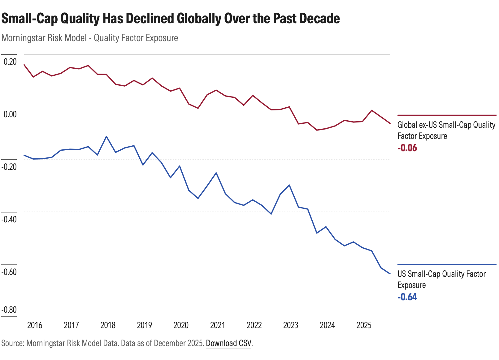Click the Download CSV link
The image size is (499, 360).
[229, 343]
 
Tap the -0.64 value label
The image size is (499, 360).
[407, 297]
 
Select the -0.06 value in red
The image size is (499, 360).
[407, 148]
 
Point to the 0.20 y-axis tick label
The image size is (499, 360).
[10, 62]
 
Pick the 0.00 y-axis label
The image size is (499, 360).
[10, 114]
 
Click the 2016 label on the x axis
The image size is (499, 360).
[34, 325]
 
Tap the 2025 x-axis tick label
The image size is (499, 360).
[364, 325]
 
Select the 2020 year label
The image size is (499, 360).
[181, 325]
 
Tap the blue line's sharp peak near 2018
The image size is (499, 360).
[106, 136]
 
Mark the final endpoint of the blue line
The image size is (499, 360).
[390, 274]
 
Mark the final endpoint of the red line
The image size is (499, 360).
[390, 123]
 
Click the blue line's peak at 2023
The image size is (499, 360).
[289, 185]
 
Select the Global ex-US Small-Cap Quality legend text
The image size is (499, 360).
[446, 125]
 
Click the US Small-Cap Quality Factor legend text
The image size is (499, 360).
[441, 274]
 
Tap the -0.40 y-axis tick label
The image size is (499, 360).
[9, 220]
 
